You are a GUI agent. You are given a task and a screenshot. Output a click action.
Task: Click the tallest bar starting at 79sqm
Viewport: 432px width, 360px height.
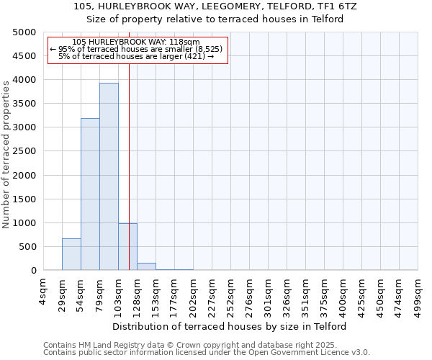[x=109, y=176]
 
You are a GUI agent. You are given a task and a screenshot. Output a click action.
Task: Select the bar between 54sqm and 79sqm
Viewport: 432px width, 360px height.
[x=90, y=194]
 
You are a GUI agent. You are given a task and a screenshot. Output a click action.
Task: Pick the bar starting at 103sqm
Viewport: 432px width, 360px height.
[x=127, y=247]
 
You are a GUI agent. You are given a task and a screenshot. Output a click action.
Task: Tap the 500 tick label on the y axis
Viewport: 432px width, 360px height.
[x=27, y=247]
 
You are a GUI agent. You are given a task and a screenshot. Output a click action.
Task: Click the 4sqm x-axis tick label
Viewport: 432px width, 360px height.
[x=44, y=291]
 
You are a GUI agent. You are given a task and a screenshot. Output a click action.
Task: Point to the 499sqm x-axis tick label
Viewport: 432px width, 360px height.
[x=418, y=294]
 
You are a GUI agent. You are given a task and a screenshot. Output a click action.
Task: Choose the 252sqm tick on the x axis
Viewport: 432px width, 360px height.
[x=231, y=294]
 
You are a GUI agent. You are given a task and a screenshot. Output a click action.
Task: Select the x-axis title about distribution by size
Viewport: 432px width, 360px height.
[x=230, y=326]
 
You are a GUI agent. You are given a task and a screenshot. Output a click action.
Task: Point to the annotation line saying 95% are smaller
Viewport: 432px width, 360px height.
[x=137, y=49]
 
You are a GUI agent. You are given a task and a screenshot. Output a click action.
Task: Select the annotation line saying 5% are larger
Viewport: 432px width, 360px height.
[x=137, y=56]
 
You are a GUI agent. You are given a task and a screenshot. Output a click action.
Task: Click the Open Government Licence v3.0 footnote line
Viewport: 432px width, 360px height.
[x=207, y=353]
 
